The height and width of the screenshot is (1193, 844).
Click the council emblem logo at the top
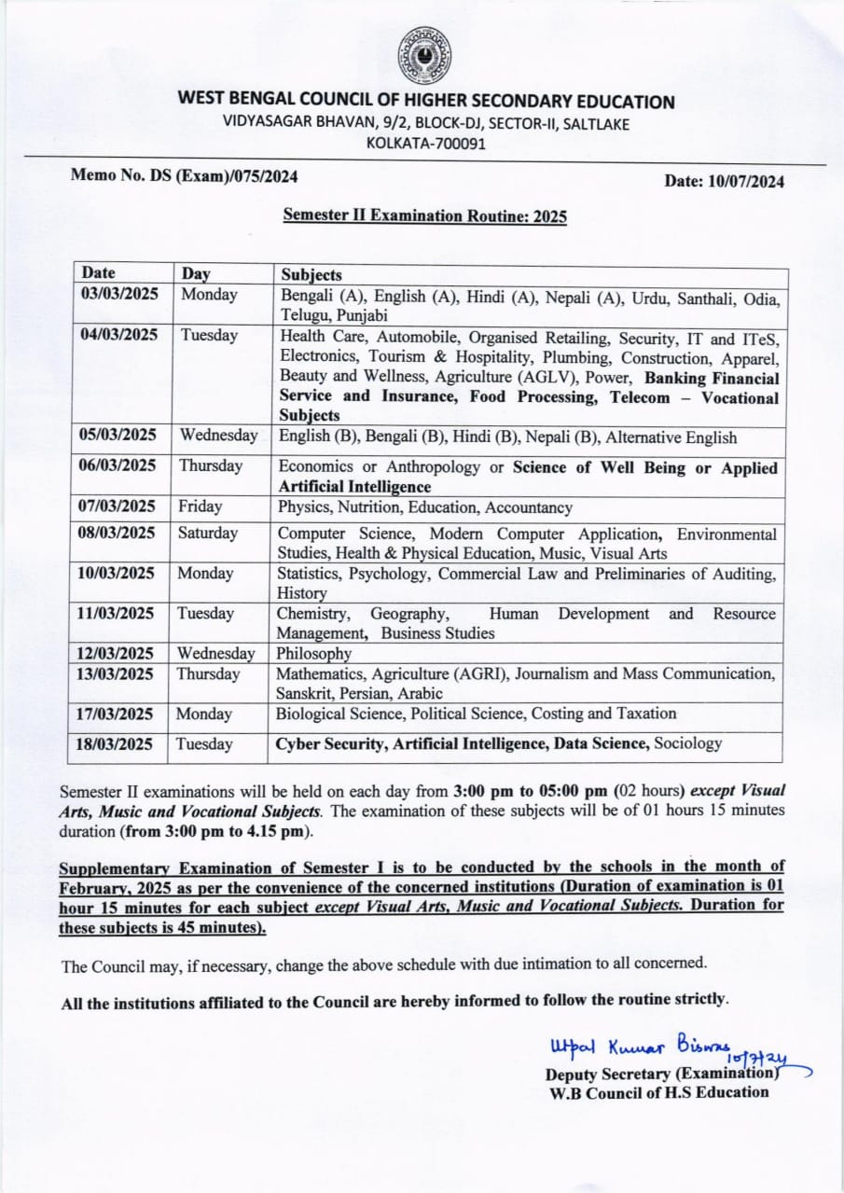pos(424,55)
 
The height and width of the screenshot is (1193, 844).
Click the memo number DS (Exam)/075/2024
pos(185,174)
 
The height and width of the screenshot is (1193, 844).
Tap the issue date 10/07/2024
pos(724,182)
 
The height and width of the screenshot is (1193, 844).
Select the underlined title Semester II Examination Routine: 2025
pos(424,216)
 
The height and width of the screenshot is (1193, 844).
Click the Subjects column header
pos(311,275)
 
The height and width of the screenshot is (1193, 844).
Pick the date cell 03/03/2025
pos(118,295)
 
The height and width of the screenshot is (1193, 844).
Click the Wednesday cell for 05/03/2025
pos(218,436)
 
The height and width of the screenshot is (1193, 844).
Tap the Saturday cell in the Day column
pos(209,534)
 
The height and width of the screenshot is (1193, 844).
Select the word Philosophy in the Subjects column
pos(314,654)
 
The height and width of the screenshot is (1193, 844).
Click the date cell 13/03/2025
pos(118,674)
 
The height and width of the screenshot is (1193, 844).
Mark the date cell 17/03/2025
pos(118,714)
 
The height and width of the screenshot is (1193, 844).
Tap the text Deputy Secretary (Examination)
pos(661,1074)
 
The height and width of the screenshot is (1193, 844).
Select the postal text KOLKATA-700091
pos(425,143)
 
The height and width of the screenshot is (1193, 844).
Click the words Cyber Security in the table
pos(329,743)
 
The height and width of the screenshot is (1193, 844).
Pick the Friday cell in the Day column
pos(201,507)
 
